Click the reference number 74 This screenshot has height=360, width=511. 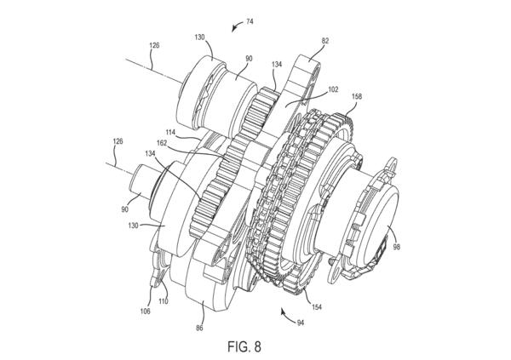tap(250, 22)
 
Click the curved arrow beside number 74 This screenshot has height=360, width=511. tap(237, 26)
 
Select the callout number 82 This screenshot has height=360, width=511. tap(325, 41)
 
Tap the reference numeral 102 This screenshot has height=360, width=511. tap(333, 89)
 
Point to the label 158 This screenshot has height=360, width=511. tap(357, 96)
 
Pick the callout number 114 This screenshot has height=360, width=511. tap(170, 132)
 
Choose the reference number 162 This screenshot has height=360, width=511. tap(162, 143)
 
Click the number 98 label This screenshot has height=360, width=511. tap(396, 247)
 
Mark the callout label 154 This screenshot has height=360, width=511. tap(316, 306)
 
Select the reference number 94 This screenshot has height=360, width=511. tap(301, 323)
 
